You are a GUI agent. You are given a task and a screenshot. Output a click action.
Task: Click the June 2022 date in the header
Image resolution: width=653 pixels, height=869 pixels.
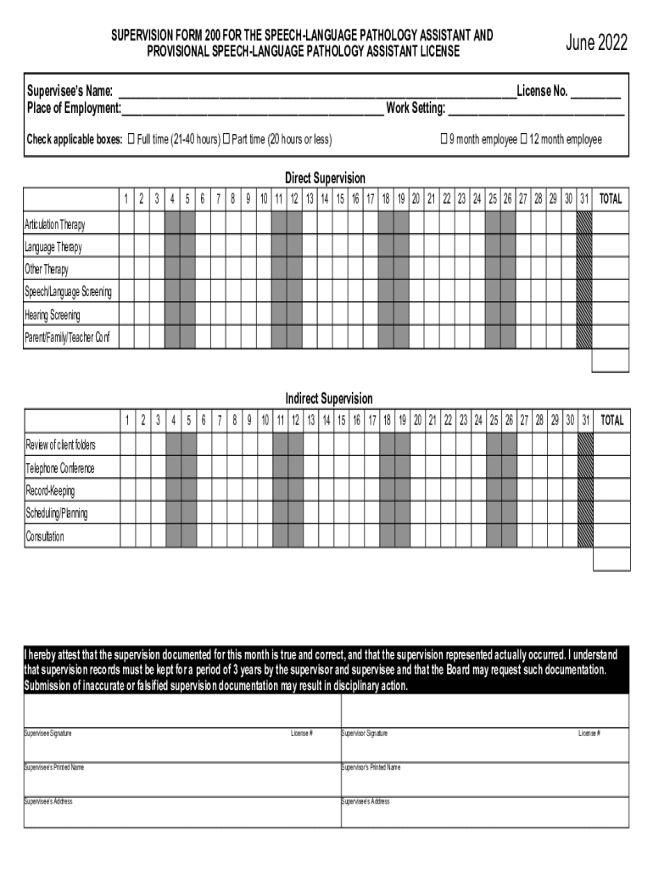coord(596,43)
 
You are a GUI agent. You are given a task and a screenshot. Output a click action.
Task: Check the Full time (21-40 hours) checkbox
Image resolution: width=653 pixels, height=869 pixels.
coord(131,139)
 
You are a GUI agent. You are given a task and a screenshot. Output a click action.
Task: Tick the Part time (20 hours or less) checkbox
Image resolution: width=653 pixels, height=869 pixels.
coord(226,139)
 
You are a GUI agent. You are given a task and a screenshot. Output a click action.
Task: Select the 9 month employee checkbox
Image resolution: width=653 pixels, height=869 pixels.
coord(444,139)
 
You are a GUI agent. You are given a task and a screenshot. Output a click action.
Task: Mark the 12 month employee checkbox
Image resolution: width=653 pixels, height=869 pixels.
coord(524,139)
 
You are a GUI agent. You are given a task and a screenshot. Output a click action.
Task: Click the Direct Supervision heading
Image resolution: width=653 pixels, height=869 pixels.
coord(325,178)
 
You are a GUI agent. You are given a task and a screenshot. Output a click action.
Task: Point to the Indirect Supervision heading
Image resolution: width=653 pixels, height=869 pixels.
coord(328,399)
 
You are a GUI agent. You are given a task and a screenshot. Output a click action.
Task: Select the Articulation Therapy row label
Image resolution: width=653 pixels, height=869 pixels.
coord(55,225)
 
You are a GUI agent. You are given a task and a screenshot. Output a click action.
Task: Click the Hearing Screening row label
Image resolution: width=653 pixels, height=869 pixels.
coord(53,316)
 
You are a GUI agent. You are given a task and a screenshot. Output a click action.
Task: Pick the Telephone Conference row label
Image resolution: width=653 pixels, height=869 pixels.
coord(59,468)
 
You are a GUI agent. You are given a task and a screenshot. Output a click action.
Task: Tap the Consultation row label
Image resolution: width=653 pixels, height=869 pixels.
coord(44,537)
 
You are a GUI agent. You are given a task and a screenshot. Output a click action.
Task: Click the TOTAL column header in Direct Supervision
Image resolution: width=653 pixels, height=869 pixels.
coord(611,199)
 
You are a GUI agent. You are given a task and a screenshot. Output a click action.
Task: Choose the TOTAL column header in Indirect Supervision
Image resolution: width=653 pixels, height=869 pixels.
coord(611,420)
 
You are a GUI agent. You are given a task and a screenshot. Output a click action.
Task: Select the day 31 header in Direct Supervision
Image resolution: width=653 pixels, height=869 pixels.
coord(584,199)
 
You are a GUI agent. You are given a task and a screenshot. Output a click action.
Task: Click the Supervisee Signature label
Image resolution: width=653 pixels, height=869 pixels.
coord(48,733)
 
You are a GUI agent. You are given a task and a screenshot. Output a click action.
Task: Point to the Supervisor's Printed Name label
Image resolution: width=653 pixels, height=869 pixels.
coord(371,767)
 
